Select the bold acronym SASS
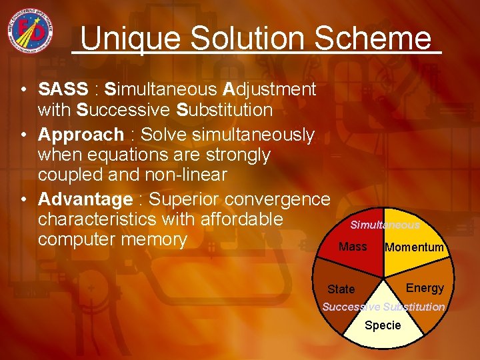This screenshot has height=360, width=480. [x=63, y=89]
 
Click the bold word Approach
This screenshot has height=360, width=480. [x=81, y=135]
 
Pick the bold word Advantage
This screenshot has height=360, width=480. [x=85, y=199]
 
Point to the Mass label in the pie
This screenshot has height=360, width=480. [x=353, y=247]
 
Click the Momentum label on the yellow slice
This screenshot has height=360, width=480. [x=414, y=247]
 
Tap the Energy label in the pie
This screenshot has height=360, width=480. [x=425, y=288]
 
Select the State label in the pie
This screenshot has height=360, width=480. [x=341, y=289]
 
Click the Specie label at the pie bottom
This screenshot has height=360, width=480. [x=383, y=325]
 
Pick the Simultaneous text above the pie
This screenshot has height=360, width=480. [x=385, y=225]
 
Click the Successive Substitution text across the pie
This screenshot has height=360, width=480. [x=383, y=307]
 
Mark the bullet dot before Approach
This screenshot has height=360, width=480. [x=23, y=135]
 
